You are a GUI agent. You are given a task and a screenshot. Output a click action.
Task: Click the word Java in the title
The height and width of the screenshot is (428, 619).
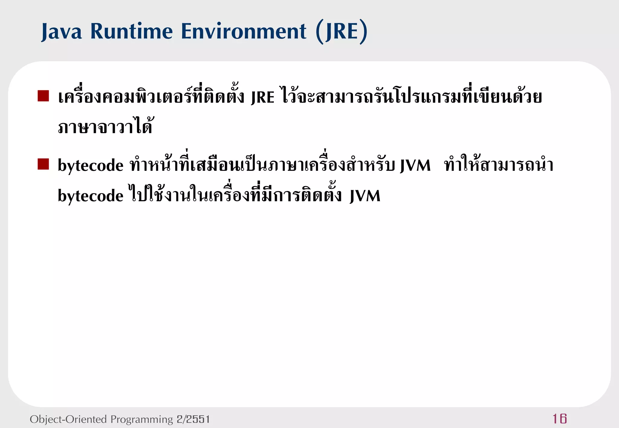click(62, 31)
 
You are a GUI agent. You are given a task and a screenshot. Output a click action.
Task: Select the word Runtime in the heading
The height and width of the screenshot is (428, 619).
click(131, 31)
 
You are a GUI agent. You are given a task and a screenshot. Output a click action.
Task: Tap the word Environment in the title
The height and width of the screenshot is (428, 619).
click(244, 31)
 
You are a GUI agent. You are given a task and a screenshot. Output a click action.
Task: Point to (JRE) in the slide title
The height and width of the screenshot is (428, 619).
click(342, 31)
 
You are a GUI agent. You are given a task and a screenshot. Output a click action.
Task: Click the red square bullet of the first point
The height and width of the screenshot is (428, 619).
click(43, 96)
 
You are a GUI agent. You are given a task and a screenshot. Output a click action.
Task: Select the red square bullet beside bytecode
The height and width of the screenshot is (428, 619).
click(43, 164)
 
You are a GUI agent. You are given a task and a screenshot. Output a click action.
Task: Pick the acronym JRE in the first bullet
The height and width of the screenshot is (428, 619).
click(263, 97)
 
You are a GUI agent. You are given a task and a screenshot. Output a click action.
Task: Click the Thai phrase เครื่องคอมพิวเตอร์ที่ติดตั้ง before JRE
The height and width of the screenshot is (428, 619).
click(151, 97)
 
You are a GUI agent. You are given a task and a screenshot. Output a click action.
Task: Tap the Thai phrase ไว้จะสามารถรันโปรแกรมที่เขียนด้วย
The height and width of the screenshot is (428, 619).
click(411, 97)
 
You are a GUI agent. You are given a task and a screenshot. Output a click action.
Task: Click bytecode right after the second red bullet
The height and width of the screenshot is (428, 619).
click(91, 165)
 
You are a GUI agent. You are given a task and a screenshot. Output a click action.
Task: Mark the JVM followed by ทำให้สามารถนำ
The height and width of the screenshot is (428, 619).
click(415, 165)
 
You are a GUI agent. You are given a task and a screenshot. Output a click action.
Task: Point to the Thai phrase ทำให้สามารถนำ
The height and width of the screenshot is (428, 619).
click(499, 165)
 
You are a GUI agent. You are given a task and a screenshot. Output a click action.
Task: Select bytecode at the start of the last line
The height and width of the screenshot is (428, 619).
click(91, 196)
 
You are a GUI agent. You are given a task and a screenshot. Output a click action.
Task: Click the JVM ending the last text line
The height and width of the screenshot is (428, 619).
click(365, 196)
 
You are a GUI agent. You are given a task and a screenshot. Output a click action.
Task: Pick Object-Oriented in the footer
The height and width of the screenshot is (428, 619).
click(68, 419)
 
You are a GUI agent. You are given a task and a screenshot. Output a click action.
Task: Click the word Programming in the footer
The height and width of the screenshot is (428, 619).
click(142, 419)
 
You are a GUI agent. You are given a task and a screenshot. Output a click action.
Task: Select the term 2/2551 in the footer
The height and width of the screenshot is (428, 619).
click(193, 419)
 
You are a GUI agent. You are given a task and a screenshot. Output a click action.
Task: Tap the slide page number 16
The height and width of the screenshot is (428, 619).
click(559, 419)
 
